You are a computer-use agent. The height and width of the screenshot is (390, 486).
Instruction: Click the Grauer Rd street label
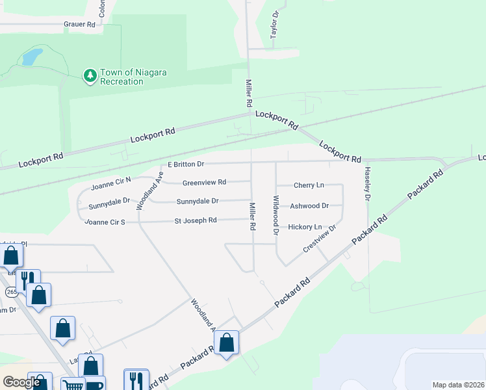click(x=80, y=24)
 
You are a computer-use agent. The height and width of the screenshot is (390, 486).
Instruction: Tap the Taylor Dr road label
click(x=275, y=23)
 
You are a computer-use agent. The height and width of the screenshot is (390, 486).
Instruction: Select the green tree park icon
click(x=90, y=76)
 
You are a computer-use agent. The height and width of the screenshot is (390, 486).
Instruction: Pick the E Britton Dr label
click(x=186, y=164)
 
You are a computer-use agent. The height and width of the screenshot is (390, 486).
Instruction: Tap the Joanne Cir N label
click(x=111, y=179)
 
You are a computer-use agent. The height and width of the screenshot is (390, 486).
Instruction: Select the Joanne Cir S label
click(x=104, y=222)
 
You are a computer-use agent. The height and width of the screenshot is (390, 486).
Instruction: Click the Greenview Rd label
click(x=204, y=182)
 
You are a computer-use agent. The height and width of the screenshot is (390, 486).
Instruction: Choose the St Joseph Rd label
click(x=196, y=220)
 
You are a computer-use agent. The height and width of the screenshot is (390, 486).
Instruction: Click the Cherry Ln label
click(x=309, y=185)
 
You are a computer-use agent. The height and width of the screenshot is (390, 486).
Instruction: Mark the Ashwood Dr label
click(x=309, y=205)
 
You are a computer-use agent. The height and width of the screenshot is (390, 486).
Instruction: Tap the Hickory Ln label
click(x=305, y=227)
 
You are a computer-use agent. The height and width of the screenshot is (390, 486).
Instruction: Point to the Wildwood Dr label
click(x=276, y=215)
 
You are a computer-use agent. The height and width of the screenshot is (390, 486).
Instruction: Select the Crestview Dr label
click(x=320, y=239)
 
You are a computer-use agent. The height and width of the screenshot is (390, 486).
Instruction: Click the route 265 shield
click(x=12, y=292)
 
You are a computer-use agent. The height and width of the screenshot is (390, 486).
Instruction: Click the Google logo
click(x=21, y=382)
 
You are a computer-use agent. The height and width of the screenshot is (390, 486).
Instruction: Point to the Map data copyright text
click(x=458, y=385)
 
